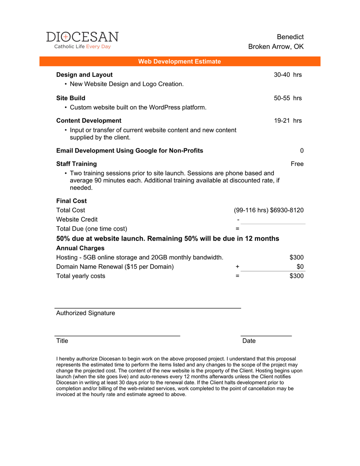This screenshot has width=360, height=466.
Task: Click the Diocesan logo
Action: coord(82,40)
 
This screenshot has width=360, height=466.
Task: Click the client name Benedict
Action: coord(290,37)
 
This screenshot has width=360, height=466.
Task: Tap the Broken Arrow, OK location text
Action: coord(276,47)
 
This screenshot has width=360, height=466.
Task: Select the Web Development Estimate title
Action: coord(179,61)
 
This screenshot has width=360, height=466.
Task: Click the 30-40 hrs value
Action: coord(287,75)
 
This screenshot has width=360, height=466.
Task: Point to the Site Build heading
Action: coord(71,98)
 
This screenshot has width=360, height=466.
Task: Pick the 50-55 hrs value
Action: coord(287,98)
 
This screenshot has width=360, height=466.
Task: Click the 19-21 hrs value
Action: coord(287,120)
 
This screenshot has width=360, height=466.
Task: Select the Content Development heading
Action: coord(89,120)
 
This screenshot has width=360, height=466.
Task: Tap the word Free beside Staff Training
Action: coord(297,164)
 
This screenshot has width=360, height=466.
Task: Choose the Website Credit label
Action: coord(77,219)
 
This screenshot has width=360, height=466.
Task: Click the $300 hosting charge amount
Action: coord(297,257)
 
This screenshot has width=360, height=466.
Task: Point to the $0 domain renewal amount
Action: coord(300,267)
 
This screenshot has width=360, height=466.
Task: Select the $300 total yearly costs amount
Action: coord(297,276)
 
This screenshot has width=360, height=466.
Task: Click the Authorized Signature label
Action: coord(85,313)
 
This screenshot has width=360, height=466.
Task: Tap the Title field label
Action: coord(62,341)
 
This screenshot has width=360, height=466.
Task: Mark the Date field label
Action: coord(249,341)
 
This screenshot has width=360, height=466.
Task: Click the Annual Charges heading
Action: coord(80,248)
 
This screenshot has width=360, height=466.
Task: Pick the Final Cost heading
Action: coord(71,201)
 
